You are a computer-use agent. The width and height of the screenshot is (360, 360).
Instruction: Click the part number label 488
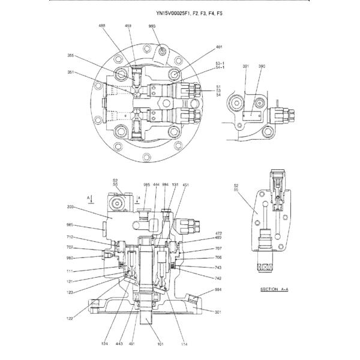click(x=102, y=26)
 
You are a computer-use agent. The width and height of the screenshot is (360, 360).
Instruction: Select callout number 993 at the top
click(x=152, y=26)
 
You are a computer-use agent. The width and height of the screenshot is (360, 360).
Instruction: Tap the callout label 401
click(x=219, y=46)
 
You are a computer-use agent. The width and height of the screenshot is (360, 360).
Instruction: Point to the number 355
click(x=71, y=56)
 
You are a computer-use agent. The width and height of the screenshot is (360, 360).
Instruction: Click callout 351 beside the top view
click(x=71, y=73)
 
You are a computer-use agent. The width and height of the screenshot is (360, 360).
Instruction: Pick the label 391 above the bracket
click(x=246, y=66)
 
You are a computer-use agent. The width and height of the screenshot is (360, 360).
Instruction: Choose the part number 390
click(x=262, y=66)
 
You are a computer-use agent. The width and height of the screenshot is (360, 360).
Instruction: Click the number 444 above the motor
click(x=156, y=185)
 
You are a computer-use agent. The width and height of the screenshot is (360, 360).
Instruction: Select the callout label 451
click(x=186, y=185)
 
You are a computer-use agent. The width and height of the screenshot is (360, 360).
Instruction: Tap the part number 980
click(x=70, y=258)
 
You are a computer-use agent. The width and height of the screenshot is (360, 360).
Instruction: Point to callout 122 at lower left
click(x=70, y=318)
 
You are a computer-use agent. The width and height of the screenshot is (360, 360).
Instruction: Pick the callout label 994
click(x=218, y=290)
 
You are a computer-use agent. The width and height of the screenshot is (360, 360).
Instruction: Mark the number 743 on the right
click(x=218, y=267)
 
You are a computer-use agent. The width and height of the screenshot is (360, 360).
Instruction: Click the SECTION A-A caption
click(x=273, y=289)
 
